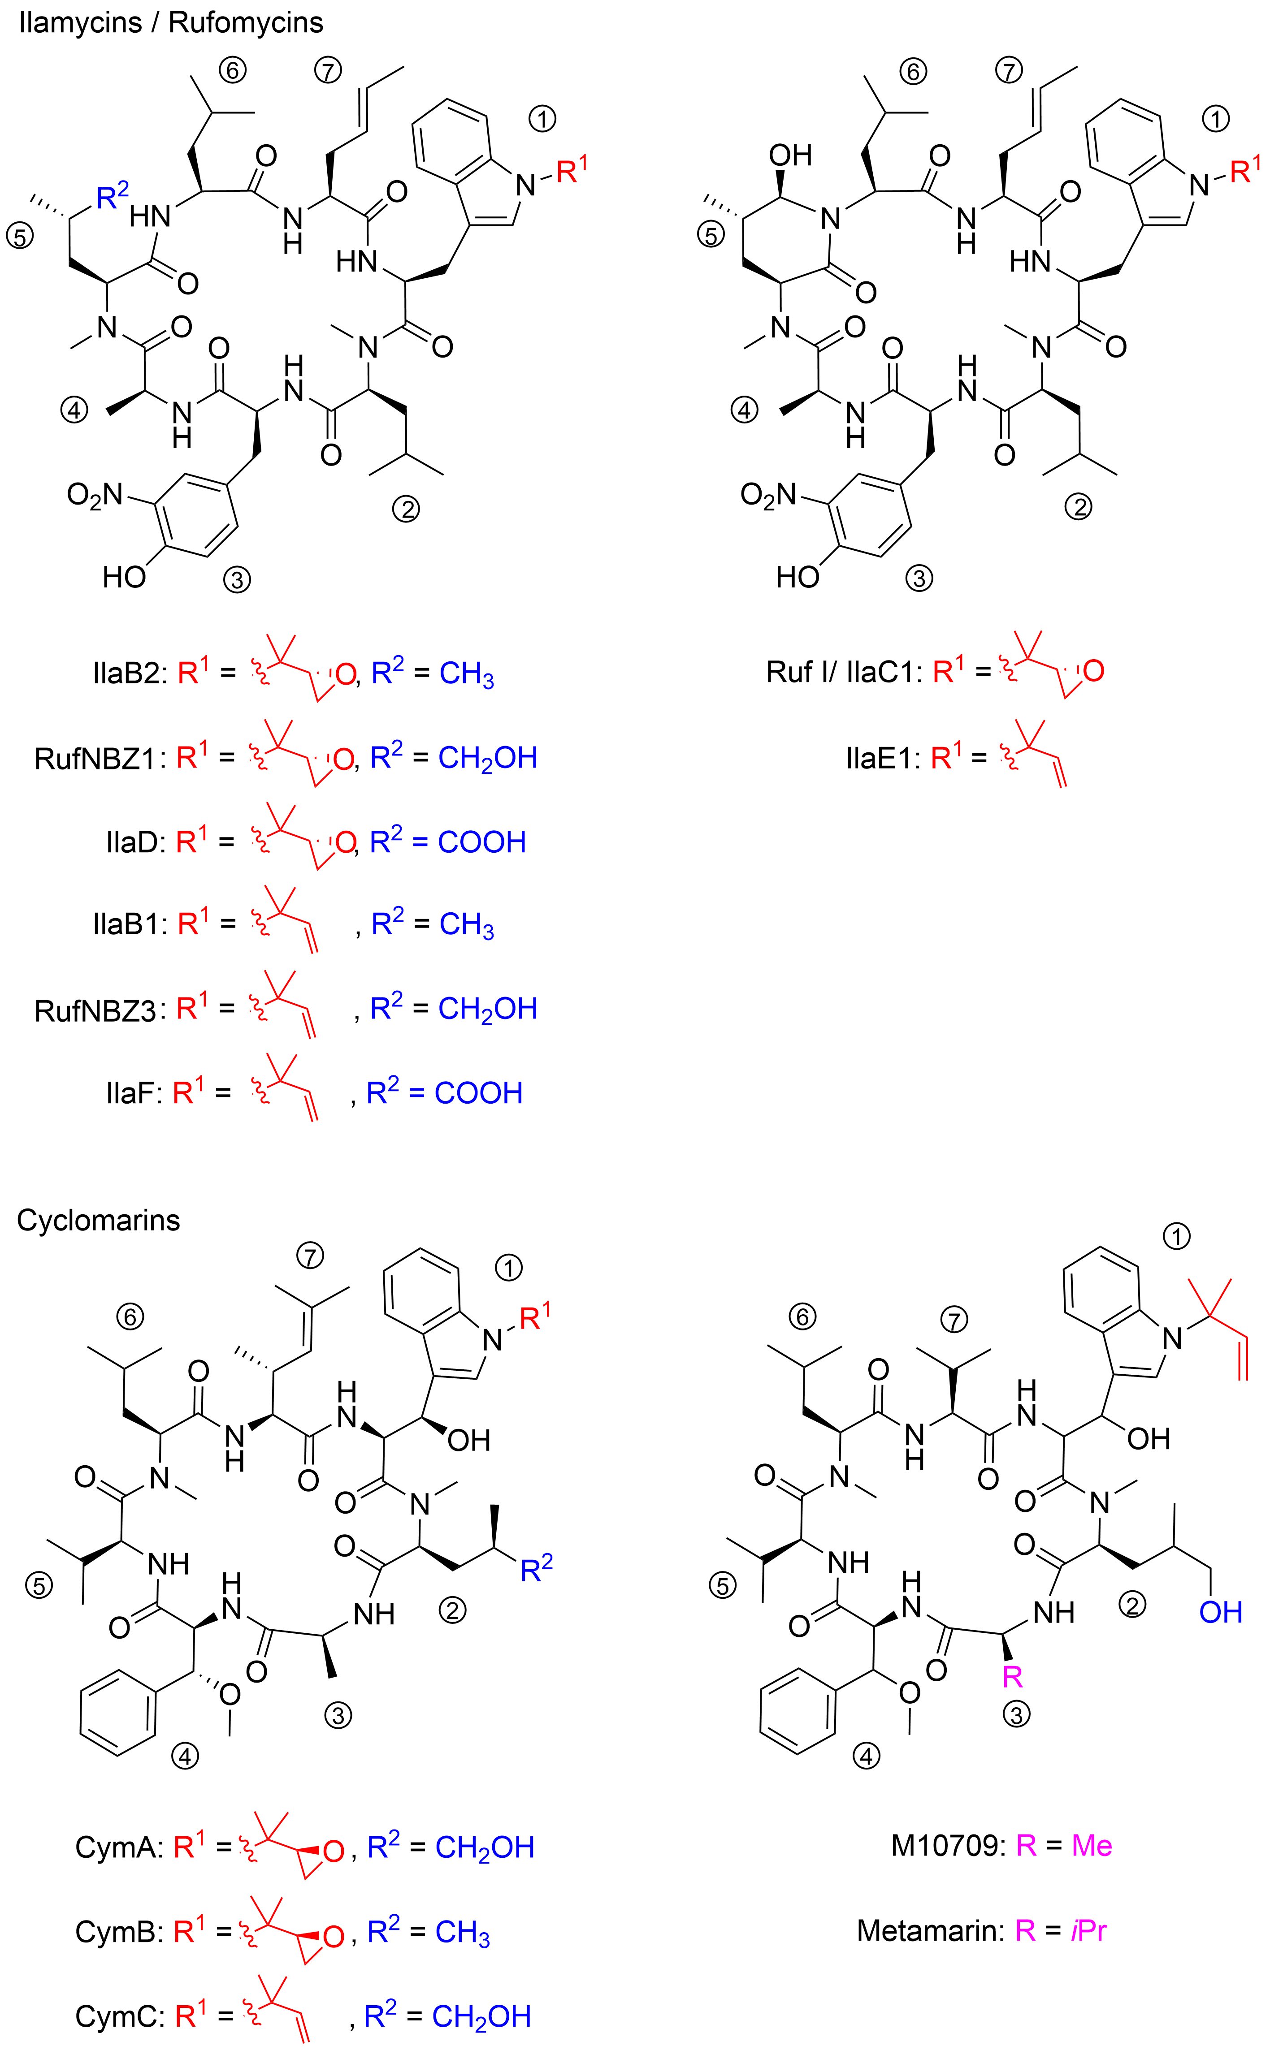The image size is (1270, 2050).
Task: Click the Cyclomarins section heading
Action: [98, 1220]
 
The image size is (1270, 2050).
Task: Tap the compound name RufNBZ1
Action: [95, 758]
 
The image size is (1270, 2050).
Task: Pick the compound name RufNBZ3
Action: [95, 1010]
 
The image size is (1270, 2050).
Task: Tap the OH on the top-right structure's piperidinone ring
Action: [790, 155]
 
